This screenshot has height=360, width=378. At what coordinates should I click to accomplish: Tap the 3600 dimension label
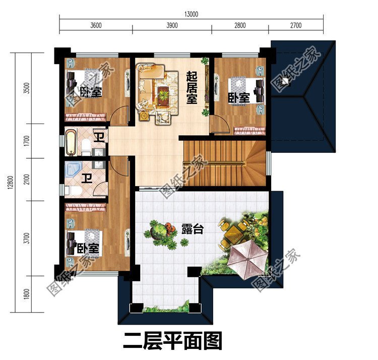(x=96, y=25)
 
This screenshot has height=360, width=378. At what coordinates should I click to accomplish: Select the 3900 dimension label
(x=171, y=25)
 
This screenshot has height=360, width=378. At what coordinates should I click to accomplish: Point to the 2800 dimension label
(x=240, y=25)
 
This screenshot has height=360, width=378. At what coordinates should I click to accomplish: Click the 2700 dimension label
(x=295, y=25)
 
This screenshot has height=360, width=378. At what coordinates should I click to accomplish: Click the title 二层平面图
(x=172, y=341)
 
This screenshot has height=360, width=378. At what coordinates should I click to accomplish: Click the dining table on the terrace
(x=235, y=231)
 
